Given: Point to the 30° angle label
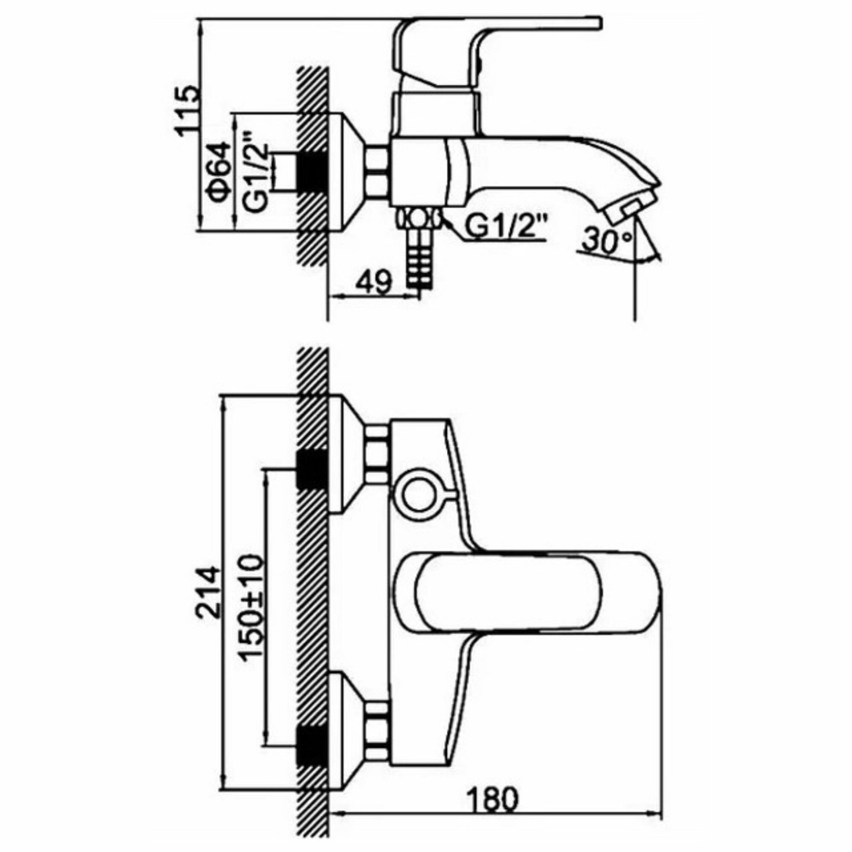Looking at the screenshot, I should click(606, 242).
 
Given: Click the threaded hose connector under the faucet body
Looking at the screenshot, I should click(419, 256).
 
